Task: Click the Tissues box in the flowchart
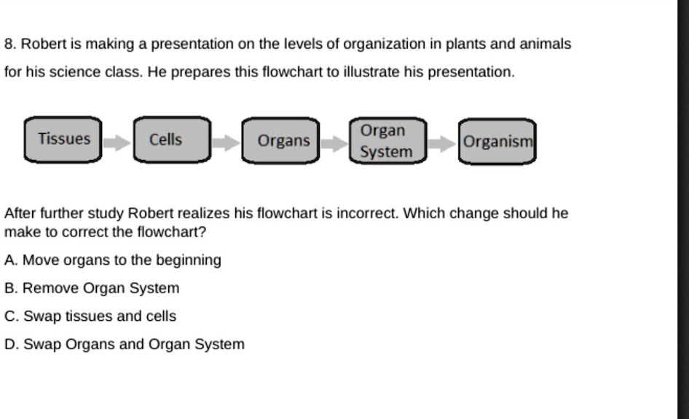pos(65,139)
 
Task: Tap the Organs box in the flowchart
pos(281,141)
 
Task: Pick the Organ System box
pos(386,141)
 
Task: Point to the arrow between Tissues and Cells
pos(117,142)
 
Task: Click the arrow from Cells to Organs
pos(226,143)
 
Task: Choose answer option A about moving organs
pos(112,260)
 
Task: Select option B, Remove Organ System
pos(92,288)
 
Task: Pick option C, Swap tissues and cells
pos(90,316)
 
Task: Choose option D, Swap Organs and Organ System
pos(125,344)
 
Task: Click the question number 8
pos(9,44)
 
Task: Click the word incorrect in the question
pos(366,214)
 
